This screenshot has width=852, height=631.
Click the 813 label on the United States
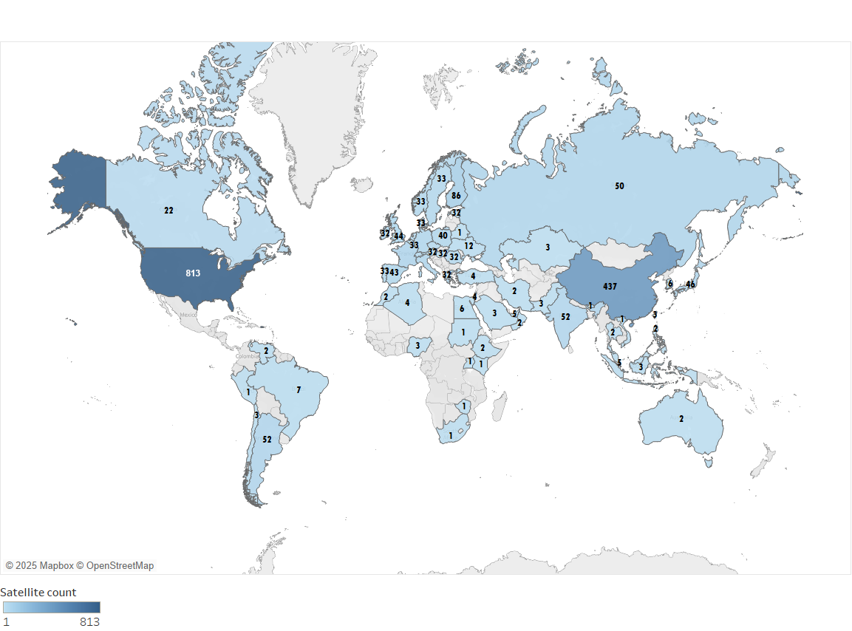(x=193, y=273)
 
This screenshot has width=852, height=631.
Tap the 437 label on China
(x=610, y=286)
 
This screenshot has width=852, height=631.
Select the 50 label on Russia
(x=619, y=186)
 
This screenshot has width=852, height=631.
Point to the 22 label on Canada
(x=168, y=211)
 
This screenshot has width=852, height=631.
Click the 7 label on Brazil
(x=299, y=389)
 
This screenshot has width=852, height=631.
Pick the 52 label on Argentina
(x=267, y=439)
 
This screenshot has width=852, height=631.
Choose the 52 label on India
(x=565, y=316)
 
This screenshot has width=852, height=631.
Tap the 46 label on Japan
(x=690, y=284)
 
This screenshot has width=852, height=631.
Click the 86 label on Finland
(x=456, y=196)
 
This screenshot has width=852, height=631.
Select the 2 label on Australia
(x=681, y=419)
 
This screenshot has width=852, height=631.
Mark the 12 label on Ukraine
(x=468, y=246)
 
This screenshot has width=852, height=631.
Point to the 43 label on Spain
(x=394, y=273)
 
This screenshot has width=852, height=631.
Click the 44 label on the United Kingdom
(x=399, y=236)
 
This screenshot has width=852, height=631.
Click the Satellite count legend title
(x=38, y=592)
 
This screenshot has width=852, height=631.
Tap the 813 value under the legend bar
(x=89, y=622)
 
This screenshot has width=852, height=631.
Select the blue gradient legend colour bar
(x=51, y=607)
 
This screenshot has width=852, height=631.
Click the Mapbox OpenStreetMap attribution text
(x=80, y=565)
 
